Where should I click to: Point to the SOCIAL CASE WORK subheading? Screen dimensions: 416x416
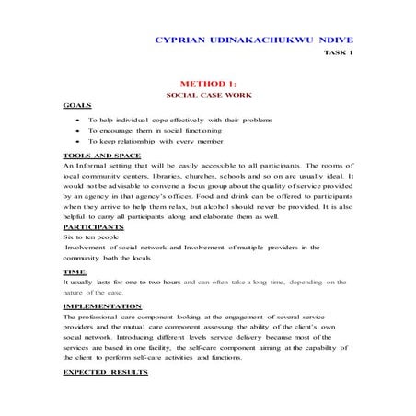tap(207, 95)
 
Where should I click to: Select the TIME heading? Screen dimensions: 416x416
tap(73, 272)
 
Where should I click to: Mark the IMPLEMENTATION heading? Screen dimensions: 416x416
tap(102, 306)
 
